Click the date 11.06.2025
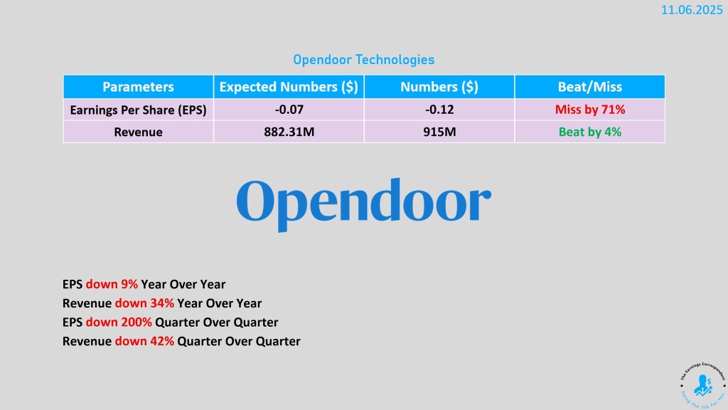tap(692, 10)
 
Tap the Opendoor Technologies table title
tap(363, 60)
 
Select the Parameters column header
tap(138, 87)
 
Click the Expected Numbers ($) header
tap(289, 87)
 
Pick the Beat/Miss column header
tap(589, 87)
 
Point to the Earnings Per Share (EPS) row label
tap(138, 110)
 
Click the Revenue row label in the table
tap(138, 132)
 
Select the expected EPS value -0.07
tap(289, 110)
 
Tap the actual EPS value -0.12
tap(439, 110)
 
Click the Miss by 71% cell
tap(589, 110)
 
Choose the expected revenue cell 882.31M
tap(289, 132)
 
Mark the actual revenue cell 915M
tap(439, 132)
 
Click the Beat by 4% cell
tap(589, 132)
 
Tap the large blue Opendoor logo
tap(363, 204)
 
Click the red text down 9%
tap(112, 285)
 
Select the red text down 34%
tap(144, 303)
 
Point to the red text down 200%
tap(119, 322)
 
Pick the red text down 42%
tap(144, 342)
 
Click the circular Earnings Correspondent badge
tap(702, 385)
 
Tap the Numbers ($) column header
tap(439, 87)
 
